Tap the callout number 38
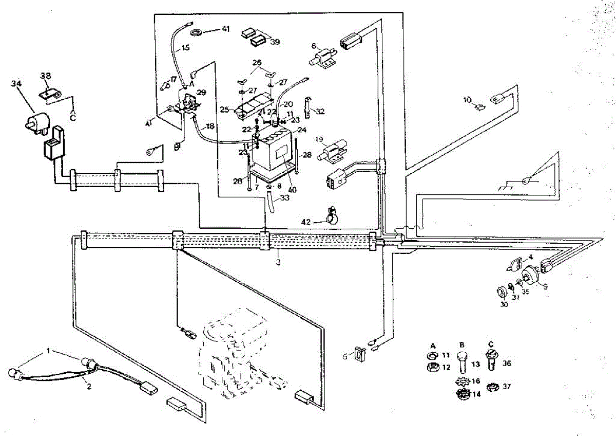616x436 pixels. point(46,76)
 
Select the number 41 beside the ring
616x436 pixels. point(226,29)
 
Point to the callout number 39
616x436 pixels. point(275,42)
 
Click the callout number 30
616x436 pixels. point(504,304)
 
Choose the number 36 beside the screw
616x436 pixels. point(507,364)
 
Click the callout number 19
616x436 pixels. point(319,139)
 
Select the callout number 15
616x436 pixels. point(185,48)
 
